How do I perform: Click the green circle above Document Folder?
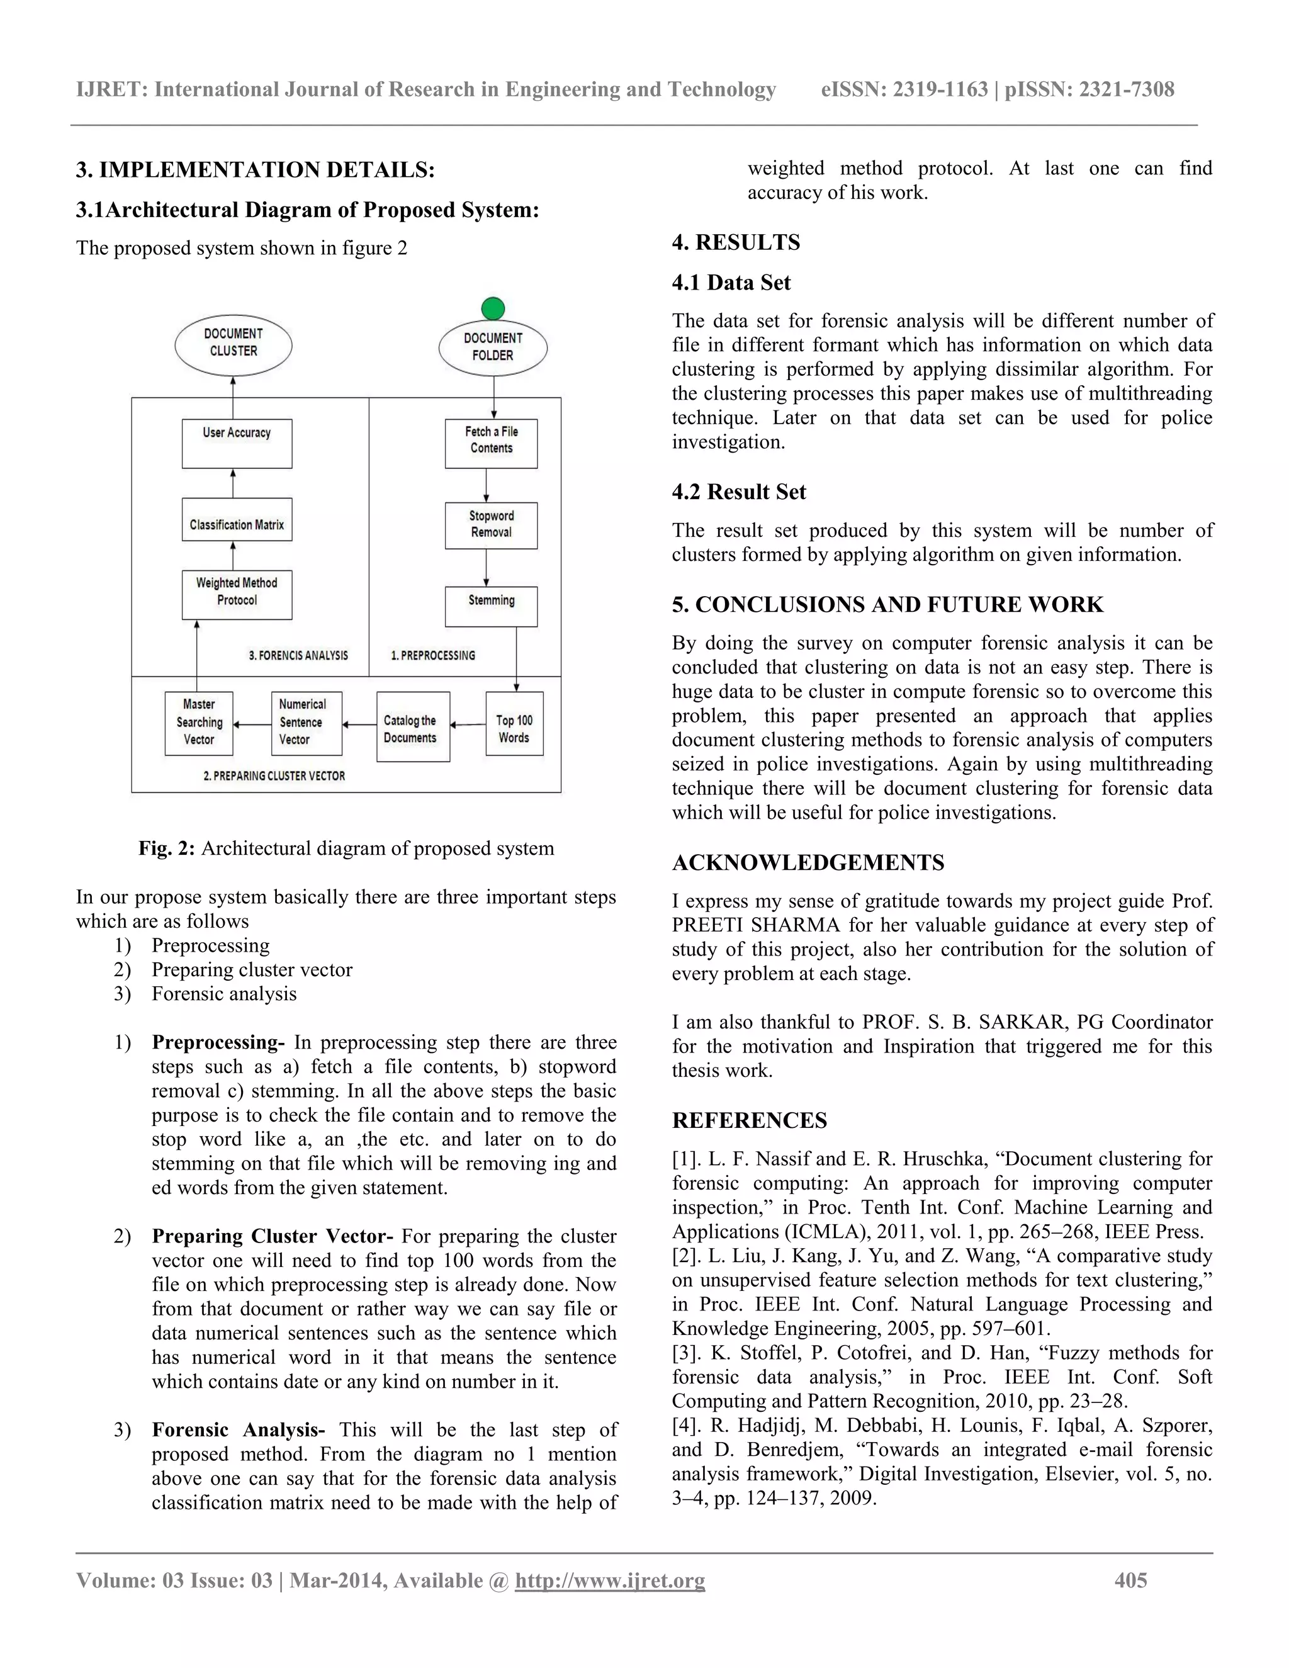493,308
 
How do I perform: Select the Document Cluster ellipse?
234,344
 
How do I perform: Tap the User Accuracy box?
237,443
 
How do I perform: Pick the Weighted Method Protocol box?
237,594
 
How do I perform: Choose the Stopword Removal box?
491,526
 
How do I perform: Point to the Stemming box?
491,606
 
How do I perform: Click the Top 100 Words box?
514,723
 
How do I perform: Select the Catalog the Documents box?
412,726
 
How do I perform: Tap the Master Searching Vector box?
198,723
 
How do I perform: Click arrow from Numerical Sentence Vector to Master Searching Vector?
252,724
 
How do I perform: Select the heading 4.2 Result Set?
738,492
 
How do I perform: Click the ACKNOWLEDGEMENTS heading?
808,863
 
